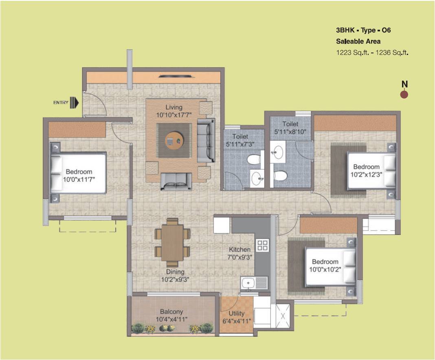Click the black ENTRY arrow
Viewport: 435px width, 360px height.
75,103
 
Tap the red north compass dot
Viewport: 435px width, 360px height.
404,95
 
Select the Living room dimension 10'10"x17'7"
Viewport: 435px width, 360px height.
174,115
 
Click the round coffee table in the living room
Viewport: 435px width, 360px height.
174,141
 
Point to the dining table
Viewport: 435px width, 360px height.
172,243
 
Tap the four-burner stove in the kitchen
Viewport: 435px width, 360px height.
262,245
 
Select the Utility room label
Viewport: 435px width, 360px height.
236,314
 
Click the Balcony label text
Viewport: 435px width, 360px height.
171,312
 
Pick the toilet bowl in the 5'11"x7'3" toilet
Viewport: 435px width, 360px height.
254,160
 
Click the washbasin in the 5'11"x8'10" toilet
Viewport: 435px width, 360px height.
278,152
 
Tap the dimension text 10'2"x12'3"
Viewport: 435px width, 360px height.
367,174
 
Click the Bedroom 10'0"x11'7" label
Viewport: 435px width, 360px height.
79,176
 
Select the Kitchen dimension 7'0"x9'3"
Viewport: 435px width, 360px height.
239,257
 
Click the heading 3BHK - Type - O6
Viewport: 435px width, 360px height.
363,30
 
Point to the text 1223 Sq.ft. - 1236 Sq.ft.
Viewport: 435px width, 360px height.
372,53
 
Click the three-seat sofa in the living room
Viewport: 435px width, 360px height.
206,140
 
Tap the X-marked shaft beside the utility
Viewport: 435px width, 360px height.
283,316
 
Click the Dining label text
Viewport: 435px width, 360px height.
175,272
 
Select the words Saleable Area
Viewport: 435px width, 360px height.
358,41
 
